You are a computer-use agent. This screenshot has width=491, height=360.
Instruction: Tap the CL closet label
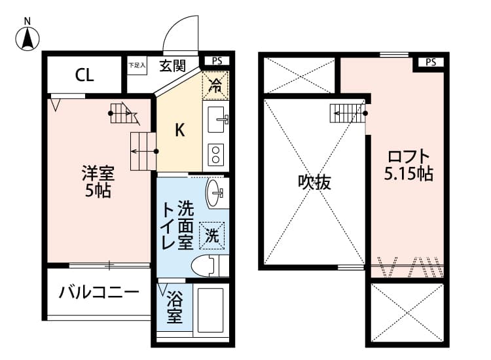tap(84, 75)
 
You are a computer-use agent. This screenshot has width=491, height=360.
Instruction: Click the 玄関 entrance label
tap(172, 65)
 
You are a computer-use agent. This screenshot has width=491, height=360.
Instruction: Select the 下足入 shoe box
tap(137, 65)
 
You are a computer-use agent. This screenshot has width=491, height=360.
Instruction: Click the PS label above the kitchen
tap(217, 61)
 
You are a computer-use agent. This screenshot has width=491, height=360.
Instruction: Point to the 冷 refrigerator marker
tap(215, 83)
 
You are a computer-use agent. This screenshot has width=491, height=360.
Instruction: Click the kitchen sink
tap(216, 120)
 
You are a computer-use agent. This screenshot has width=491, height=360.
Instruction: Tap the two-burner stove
tap(216, 154)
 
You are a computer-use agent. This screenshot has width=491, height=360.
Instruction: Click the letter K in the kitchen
tap(179, 130)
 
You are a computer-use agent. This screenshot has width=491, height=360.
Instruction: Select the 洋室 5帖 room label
tap(98, 182)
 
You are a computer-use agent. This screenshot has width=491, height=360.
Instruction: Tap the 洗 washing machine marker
tap(213, 235)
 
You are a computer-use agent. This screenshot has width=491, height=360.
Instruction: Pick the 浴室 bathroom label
tap(174, 306)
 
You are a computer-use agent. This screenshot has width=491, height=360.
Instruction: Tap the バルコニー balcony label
tap(98, 292)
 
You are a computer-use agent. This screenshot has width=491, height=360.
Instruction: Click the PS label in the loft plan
tap(430, 63)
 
